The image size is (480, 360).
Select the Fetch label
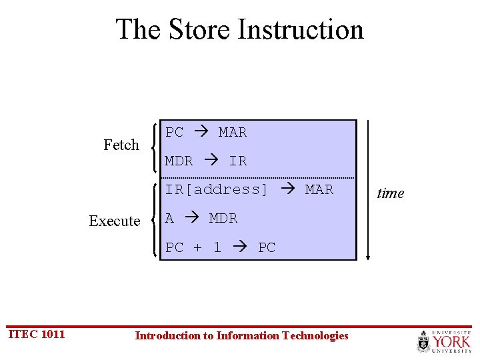point(121,145)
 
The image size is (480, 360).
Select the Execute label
point(115,221)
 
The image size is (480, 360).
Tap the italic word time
point(391,193)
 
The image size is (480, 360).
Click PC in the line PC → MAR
point(175,132)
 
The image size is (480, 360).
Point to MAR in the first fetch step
point(233,132)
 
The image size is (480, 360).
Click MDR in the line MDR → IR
point(179,161)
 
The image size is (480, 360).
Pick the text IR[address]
point(217,189)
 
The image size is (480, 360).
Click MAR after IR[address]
point(319,189)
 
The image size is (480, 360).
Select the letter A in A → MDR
point(169,218)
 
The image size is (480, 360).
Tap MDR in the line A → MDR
point(223,218)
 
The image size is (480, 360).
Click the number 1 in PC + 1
point(217,247)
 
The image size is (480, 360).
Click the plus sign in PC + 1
point(197,247)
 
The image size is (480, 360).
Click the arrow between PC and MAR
point(201,132)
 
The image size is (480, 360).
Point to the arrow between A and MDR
point(191,218)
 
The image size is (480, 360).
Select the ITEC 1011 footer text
point(36,334)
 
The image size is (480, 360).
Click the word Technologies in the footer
point(315,335)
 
